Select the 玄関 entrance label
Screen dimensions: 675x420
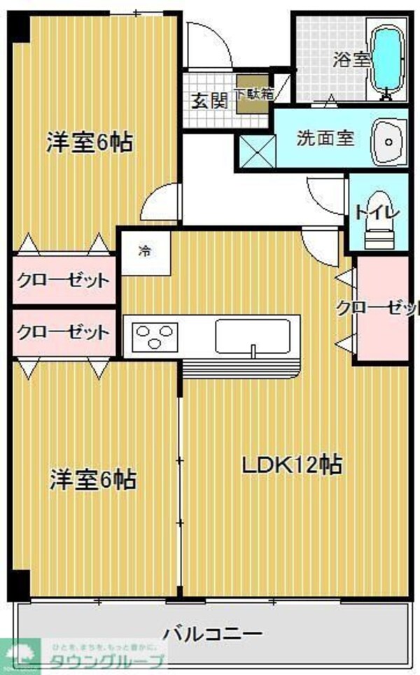point(209,100)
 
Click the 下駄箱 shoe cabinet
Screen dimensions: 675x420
point(253,93)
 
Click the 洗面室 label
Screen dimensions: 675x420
point(325,138)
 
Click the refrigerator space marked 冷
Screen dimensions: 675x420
point(145,250)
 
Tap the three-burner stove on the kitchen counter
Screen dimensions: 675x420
point(155,336)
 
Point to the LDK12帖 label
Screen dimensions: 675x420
point(292,464)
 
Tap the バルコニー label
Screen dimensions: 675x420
point(213,634)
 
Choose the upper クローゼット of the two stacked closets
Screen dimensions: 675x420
point(64,281)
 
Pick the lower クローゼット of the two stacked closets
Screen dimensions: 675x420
point(64,332)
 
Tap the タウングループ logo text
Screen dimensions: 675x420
point(105,662)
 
